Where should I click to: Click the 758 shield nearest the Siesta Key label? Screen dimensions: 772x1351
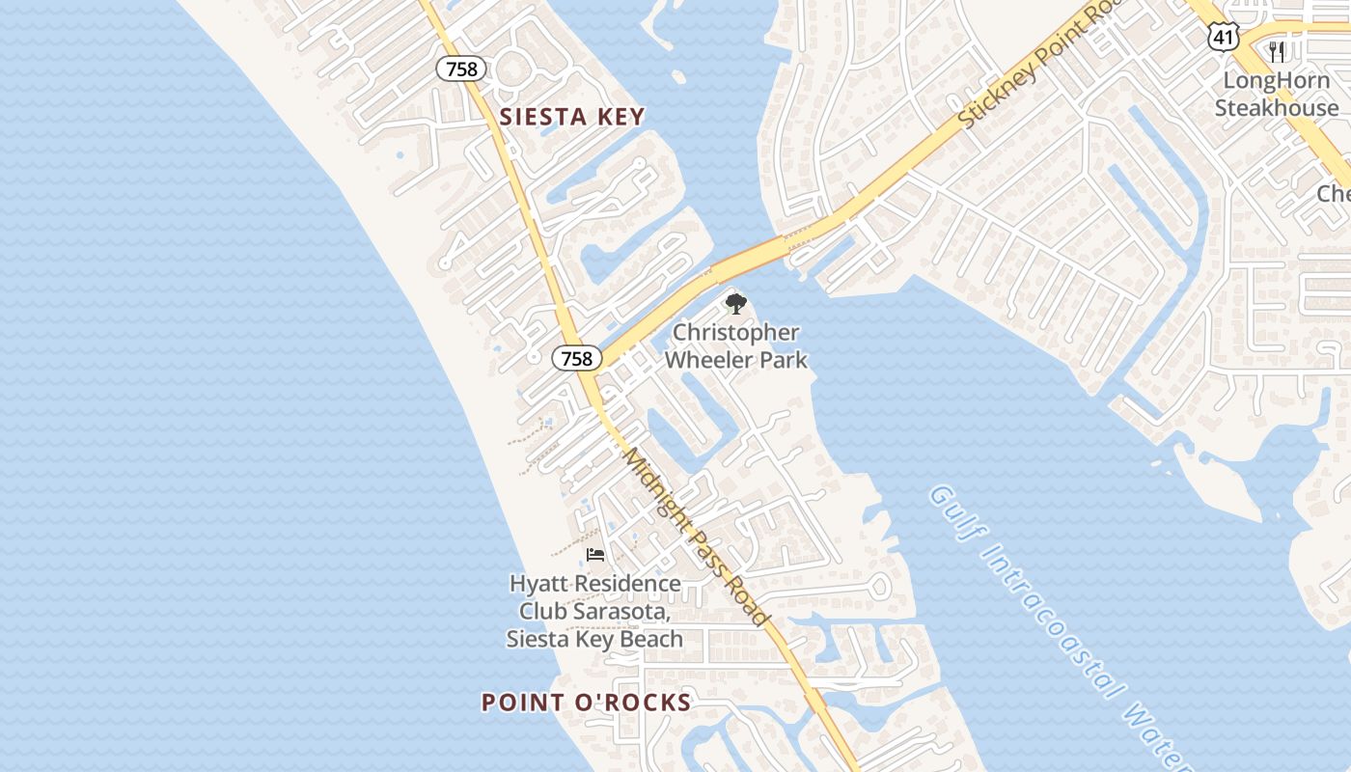[x=460, y=69]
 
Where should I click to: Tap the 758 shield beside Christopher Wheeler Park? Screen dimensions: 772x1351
[x=576, y=358]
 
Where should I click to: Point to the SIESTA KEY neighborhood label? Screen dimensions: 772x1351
[x=572, y=118]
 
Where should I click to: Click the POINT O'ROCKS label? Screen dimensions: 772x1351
[x=587, y=703]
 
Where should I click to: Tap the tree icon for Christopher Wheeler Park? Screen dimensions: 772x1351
[x=735, y=305]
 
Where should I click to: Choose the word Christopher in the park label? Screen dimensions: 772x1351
[x=735, y=333]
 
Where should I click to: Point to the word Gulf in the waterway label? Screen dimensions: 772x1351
[x=951, y=512]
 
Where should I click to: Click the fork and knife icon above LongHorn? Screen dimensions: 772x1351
[x=1277, y=51]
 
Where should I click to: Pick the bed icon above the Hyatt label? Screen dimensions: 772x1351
[x=595, y=555]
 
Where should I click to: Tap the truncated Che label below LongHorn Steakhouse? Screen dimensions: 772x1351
[x=1334, y=194]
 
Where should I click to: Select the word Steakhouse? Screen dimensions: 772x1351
[x=1276, y=107]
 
